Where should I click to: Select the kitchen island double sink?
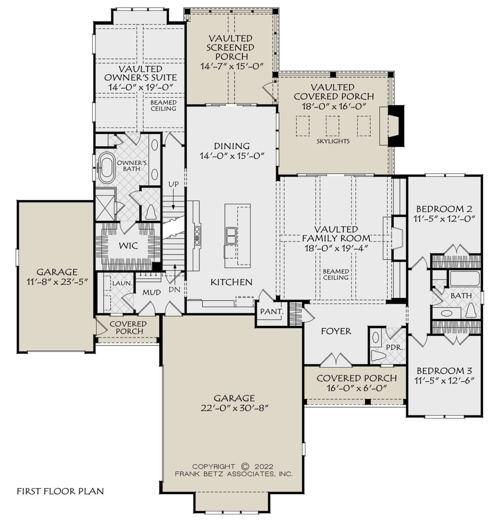231,236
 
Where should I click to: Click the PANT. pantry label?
272,312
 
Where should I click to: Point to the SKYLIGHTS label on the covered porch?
333,141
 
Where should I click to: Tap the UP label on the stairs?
174,184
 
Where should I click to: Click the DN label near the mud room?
174,289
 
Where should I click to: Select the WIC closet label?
128,246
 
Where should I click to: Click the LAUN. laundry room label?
122,283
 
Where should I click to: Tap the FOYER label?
336,331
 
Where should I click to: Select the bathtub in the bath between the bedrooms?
465,279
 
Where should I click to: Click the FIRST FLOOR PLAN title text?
60,491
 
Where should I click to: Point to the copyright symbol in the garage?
246,466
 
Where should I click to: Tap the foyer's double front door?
336,359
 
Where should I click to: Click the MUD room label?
152,292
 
